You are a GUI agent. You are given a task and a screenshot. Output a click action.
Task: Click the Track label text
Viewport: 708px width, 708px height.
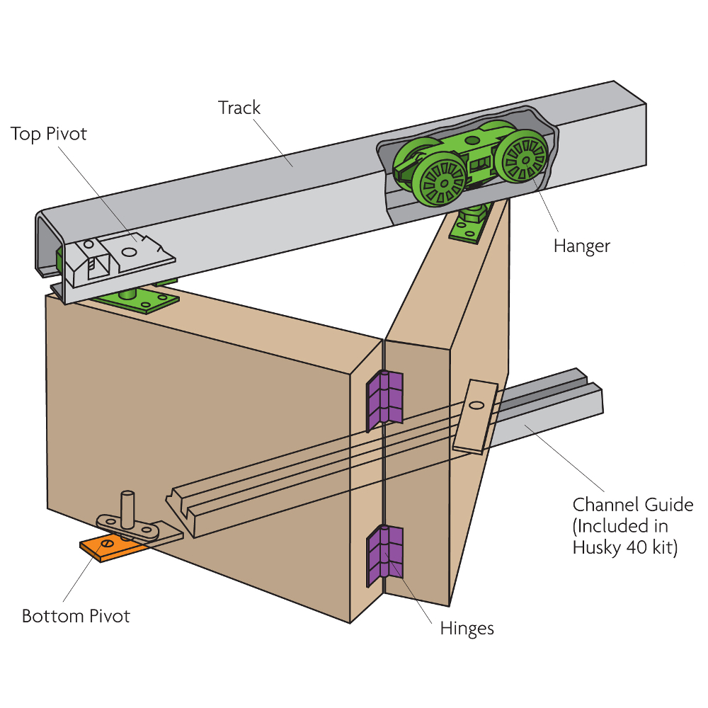point(239,108)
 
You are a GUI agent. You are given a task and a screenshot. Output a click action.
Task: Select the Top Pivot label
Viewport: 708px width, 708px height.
point(48,134)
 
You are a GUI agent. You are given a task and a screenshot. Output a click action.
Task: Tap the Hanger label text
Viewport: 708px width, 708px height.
point(582,246)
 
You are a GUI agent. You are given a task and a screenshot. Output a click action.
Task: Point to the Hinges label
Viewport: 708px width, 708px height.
point(467,628)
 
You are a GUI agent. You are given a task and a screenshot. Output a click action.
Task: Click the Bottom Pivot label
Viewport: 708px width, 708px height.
point(76,616)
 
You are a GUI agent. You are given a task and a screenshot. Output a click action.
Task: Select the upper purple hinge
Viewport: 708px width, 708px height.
point(384,399)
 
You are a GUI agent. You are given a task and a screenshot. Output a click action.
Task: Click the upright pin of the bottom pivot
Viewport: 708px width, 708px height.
point(128,508)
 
